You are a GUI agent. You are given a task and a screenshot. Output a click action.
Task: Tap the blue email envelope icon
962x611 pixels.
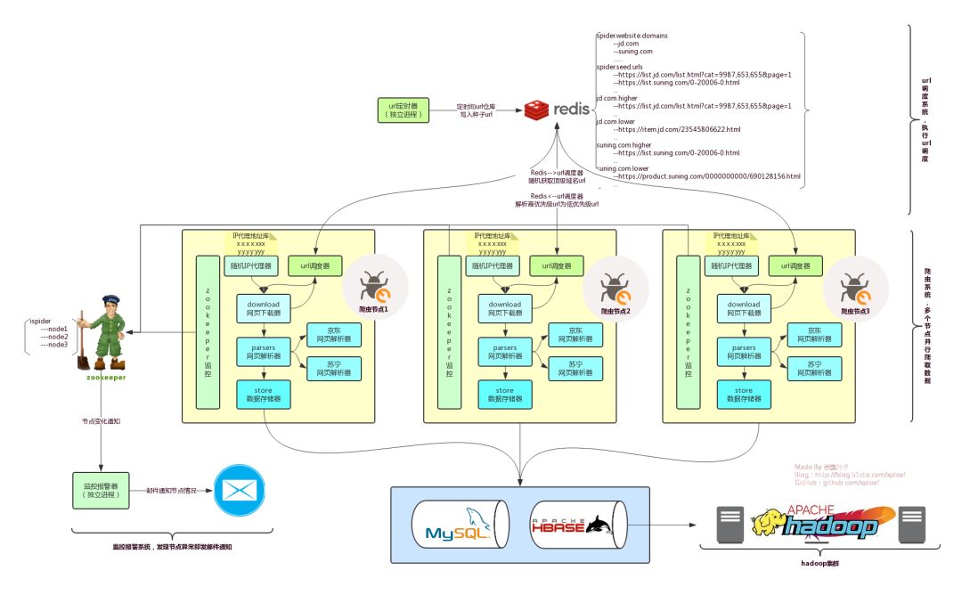pyautogui.click(x=240, y=491)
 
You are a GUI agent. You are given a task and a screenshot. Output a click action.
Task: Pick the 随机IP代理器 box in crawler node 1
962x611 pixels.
pyautogui.click(x=258, y=265)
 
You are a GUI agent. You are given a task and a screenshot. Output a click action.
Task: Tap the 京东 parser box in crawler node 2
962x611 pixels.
pyautogui.click(x=575, y=335)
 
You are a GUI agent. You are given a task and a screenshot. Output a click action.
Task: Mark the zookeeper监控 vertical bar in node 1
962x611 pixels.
pyautogui.click(x=207, y=332)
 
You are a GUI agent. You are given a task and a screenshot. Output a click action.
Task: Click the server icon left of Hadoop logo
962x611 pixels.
pyautogui.click(x=730, y=525)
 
